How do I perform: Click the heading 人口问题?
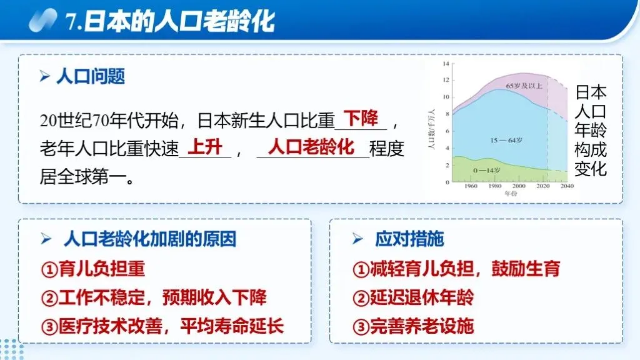coord(91,76)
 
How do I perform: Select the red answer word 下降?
coord(362,117)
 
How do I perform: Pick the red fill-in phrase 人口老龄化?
coord(311,147)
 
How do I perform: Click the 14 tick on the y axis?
coord(446,64)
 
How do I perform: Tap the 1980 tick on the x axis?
coord(495,187)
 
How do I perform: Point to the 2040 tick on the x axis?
coord(567,187)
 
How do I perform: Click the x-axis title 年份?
coord(511,194)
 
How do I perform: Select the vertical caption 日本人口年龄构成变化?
coord(591,131)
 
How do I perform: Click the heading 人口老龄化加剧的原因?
coord(149,239)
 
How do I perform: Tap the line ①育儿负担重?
coord(93,269)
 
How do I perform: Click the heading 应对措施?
coord(409,239)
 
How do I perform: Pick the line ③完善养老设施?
coord(413,326)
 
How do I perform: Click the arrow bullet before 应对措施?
coord(357,239)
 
